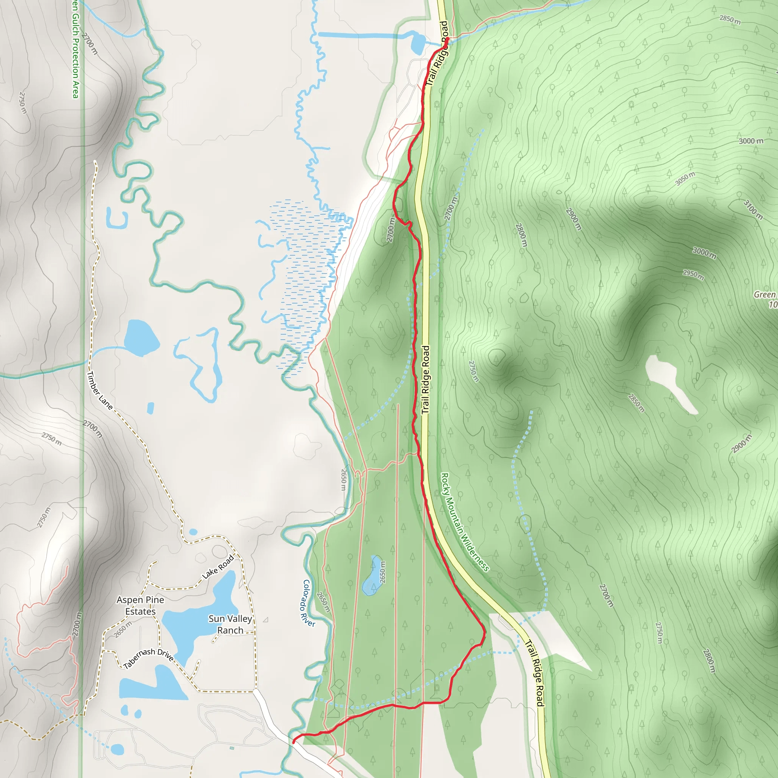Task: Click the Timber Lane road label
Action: pos(100,390)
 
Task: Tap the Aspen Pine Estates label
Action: pos(140,605)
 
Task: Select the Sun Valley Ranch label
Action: pos(230,624)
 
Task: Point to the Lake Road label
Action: pos(218,567)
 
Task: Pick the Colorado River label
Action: pos(308,603)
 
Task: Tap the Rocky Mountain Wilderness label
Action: pos(465,522)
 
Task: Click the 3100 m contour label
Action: pos(753,209)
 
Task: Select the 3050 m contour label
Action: pos(685,179)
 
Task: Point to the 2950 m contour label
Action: pos(693,275)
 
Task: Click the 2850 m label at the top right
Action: pos(730,20)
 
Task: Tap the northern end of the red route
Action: pos(448,39)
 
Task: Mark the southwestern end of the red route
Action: pos(293,742)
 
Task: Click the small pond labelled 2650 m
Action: pos(371,576)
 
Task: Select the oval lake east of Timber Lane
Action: pos(141,337)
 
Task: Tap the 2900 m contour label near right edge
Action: pos(742,443)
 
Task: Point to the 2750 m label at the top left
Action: pos(23,103)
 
